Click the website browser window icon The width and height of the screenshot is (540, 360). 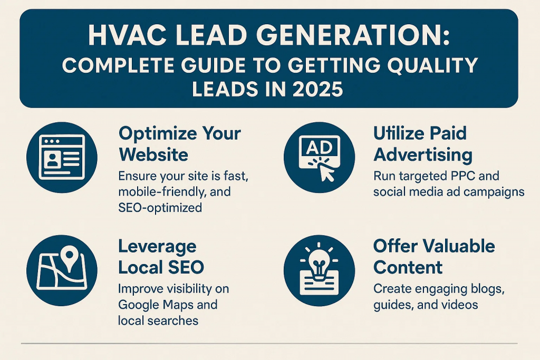coord(62,157)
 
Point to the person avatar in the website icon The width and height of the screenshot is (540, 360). coord(52,160)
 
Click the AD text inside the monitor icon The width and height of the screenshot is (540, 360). coord(319,148)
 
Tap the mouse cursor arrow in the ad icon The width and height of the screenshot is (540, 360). coord(326,172)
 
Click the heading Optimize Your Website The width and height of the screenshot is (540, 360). coord(180,144)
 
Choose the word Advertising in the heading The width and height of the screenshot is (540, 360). coord(422,155)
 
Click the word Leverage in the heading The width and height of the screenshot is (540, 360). coord(157,247)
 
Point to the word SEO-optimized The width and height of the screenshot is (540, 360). coord(160,208)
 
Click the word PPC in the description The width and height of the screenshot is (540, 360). coord(462,176)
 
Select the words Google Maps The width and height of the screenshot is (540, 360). coord(168,305)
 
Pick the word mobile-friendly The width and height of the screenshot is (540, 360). coord(162,191)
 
